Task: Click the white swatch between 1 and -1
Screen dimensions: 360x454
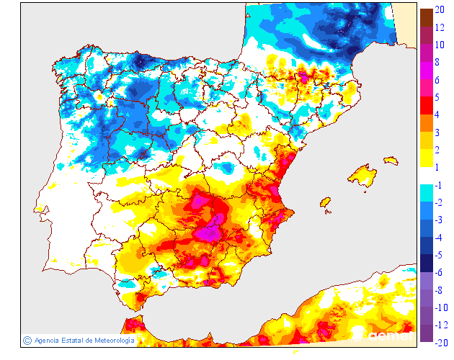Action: pyautogui.click(x=426, y=176)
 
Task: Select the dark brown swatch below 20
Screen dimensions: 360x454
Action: pyautogui.click(x=426, y=17)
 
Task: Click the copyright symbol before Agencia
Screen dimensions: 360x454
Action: pyautogui.click(x=27, y=340)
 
